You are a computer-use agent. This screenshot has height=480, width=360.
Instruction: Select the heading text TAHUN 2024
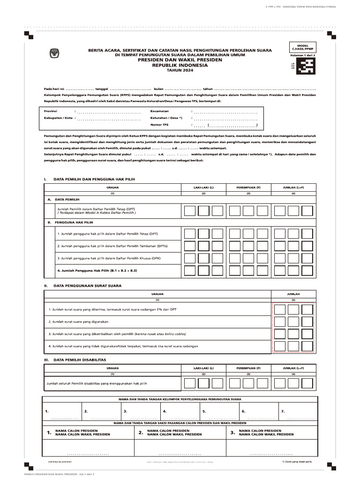tap(180, 70)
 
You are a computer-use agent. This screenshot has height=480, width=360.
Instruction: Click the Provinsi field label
tap(51, 111)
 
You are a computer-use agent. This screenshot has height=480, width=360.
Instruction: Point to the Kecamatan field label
tap(159, 111)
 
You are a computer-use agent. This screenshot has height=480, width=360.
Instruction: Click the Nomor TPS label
tap(159, 125)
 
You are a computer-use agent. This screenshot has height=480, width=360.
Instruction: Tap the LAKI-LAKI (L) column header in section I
tap(203, 187)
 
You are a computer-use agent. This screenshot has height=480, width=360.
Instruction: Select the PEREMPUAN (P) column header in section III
tap(248, 368)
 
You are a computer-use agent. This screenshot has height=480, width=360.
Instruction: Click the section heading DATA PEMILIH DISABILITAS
tap(80, 360)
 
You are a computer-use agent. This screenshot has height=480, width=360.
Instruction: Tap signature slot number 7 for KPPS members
tap(283, 411)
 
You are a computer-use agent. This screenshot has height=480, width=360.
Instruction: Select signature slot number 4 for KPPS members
tap(165, 411)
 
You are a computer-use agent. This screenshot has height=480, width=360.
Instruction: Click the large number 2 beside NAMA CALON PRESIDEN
tap(141, 432)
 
